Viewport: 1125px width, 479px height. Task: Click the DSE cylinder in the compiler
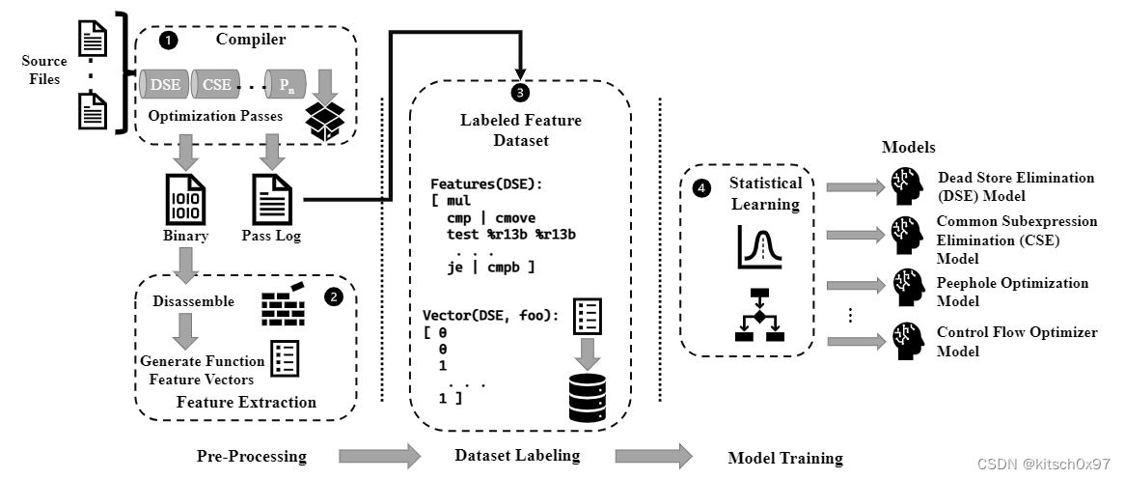click(x=164, y=84)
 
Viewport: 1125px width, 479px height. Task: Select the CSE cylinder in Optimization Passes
click(x=216, y=84)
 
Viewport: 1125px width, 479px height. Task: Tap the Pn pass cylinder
click(x=286, y=84)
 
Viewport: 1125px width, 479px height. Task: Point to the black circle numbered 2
click(x=334, y=297)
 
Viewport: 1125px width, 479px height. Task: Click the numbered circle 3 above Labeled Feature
click(x=521, y=93)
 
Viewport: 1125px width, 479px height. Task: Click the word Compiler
click(x=251, y=41)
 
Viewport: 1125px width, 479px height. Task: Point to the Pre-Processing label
click(x=251, y=456)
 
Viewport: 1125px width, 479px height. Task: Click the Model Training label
click(x=784, y=458)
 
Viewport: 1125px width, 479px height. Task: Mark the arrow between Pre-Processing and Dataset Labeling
click(x=378, y=455)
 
